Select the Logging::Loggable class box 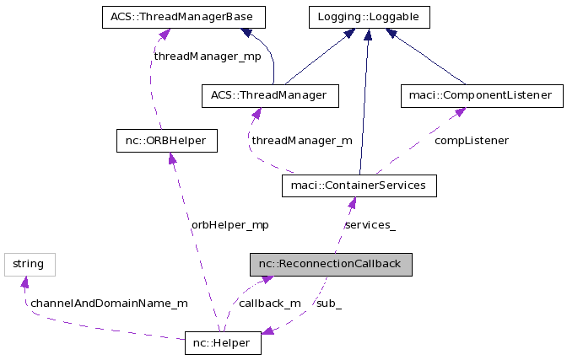(x=368, y=16)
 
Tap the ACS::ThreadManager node (x=269, y=95)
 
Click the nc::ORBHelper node (x=166, y=140)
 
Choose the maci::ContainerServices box (x=359, y=185)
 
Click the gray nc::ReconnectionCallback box (x=330, y=264)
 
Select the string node (x=29, y=264)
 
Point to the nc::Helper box (x=223, y=343)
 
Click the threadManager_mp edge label (x=208, y=56)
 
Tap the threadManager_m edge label (x=302, y=141)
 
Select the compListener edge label (x=471, y=141)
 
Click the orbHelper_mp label (x=229, y=225)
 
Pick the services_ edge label (x=370, y=225)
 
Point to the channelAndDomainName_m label (x=109, y=303)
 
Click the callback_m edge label (x=269, y=303)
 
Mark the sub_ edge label (x=328, y=303)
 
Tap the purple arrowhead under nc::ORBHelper (x=171, y=159)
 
